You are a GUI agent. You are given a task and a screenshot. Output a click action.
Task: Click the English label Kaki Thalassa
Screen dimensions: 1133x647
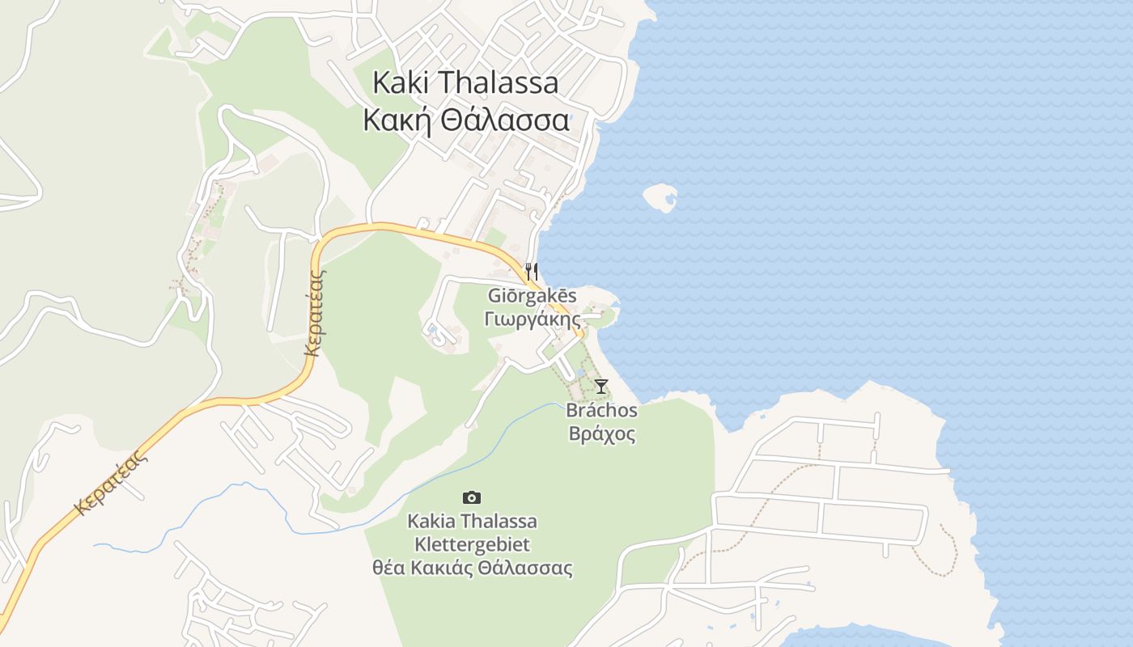(x=465, y=82)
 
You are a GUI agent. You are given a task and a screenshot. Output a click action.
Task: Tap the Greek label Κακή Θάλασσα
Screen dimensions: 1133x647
(x=465, y=121)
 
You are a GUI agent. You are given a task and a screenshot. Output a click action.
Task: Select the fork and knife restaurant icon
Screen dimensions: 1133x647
(x=532, y=271)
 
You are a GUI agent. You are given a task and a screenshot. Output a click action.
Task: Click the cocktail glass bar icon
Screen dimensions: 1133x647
(x=600, y=387)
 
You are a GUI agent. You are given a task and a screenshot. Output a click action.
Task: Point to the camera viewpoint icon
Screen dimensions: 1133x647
(x=471, y=497)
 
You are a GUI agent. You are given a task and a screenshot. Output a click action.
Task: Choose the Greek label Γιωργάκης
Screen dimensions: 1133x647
(x=532, y=319)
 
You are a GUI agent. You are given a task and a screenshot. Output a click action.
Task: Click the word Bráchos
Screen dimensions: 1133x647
(x=601, y=411)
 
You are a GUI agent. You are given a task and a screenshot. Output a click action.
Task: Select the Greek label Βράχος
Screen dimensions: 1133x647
(x=601, y=434)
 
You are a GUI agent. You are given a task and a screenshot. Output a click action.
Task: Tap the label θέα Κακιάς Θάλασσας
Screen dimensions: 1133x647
(x=472, y=568)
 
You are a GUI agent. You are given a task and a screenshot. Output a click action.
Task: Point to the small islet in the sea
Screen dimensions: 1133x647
(x=660, y=197)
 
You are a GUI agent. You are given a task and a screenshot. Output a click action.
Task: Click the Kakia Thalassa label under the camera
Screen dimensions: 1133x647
(x=472, y=521)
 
